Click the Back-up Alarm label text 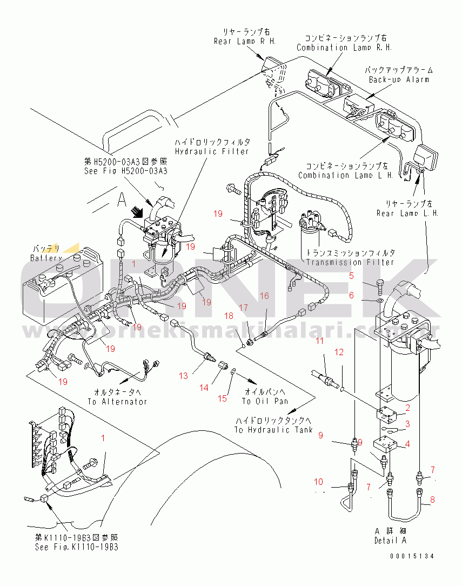[x=399, y=79]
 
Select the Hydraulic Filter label [x=212, y=151]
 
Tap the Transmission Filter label [x=350, y=262]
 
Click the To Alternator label [x=117, y=402]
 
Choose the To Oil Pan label [x=265, y=401]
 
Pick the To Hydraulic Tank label [x=273, y=430]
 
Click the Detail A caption [x=390, y=540]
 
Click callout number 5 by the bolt [x=351, y=276]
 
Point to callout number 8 [x=432, y=501]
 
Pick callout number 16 [x=264, y=296]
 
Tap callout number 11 [x=320, y=341]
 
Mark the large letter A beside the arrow [x=122, y=201]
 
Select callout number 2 [x=407, y=408]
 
